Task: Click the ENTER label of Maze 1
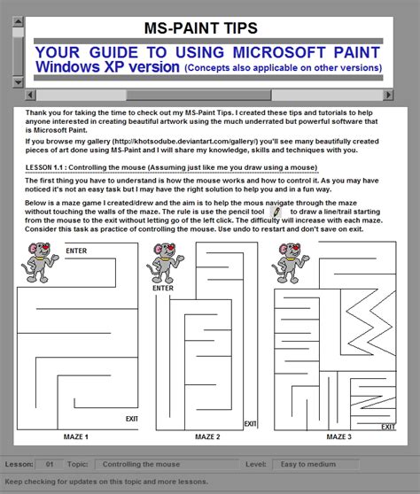[76, 251]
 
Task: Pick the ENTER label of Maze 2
[162, 288]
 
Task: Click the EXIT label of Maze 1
[131, 419]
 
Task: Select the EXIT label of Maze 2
[251, 423]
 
